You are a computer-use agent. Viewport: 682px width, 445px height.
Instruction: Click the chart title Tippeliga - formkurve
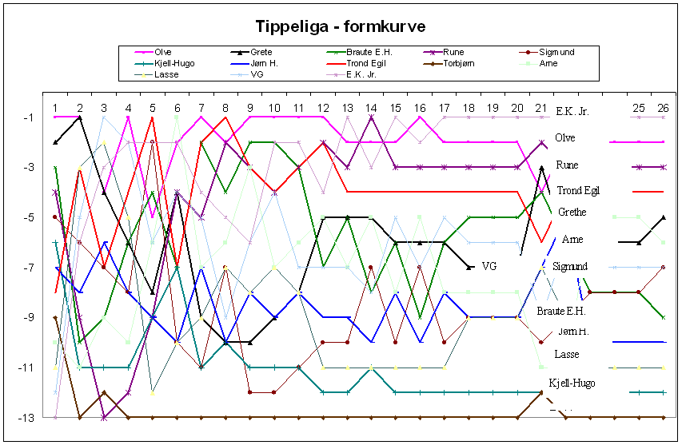(341, 26)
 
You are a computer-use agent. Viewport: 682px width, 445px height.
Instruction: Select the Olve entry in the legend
(163, 53)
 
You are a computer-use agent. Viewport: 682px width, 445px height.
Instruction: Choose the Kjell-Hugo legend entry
(176, 63)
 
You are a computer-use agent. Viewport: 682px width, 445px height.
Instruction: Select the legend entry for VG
(257, 74)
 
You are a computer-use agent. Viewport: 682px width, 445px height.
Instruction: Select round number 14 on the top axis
(371, 108)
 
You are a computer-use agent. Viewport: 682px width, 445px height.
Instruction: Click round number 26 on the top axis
(663, 108)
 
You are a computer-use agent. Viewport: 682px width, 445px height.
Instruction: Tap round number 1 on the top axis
(55, 108)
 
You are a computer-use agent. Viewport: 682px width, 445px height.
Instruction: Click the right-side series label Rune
(568, 165)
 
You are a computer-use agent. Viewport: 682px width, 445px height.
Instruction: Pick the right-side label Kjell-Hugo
(572, 383)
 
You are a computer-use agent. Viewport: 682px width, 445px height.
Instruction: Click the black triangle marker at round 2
(79, 117)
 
